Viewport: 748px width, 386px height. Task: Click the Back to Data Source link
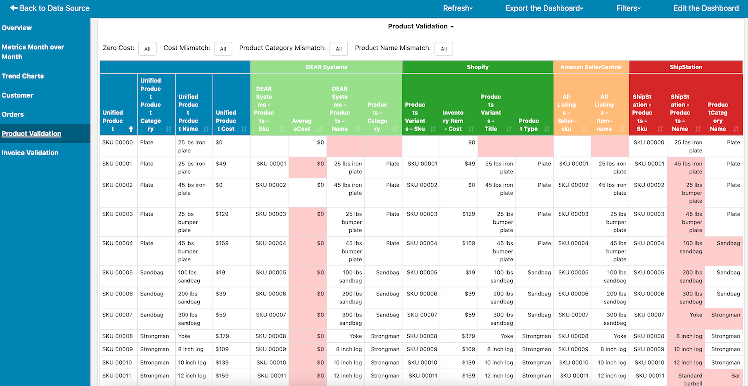tap(50, 8)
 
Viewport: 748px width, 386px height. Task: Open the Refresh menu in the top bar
tap(457, 8)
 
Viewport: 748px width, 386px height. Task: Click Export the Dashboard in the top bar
tap(545, 8)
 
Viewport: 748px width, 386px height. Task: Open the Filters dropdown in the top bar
tap(628, 8)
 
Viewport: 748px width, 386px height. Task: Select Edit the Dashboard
tap(706, 8)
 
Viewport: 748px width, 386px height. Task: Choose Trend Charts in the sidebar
tap(23, 76)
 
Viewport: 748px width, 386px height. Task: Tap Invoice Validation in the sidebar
tap(30, 153)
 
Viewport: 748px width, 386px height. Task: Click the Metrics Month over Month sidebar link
tap(33, 52)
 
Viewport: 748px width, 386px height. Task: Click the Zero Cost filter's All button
tap(147, 49)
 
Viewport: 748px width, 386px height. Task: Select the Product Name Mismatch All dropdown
tap(443, 49)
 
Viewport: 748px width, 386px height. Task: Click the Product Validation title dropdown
tap(421, 26)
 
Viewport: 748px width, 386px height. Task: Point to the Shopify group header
tap(478, 67)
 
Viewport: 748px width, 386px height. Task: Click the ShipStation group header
tap(686, 67)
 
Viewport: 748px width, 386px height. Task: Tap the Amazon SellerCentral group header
tap(591, 67)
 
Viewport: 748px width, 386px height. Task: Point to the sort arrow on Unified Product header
tap(131, 129)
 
